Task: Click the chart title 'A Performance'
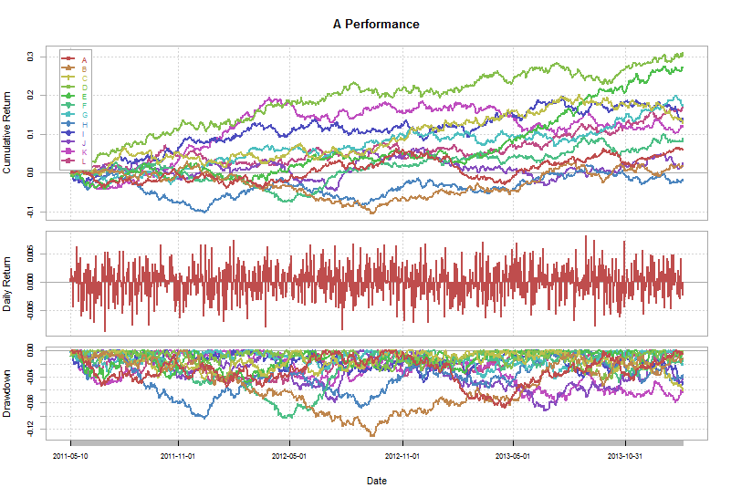376,25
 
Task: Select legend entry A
84,60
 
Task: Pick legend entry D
84,88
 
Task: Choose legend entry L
84,161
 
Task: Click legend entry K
84,151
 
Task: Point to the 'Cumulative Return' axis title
7,132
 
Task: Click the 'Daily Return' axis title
7,284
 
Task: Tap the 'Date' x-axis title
376,481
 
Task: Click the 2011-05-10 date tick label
70,455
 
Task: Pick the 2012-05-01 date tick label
290,455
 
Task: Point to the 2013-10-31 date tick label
624,455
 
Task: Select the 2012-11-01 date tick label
402,455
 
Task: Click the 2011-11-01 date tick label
179,455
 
